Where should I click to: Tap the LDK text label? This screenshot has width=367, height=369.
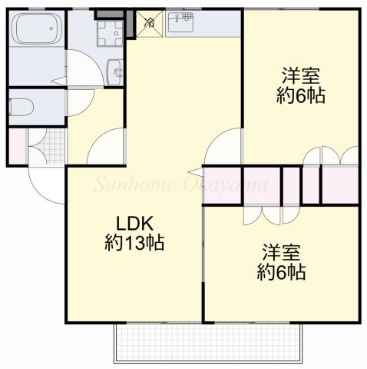coord(135,224)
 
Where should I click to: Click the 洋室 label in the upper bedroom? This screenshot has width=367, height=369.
coord(300,77)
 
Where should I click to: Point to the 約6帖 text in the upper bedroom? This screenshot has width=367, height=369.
coord(300,96)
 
